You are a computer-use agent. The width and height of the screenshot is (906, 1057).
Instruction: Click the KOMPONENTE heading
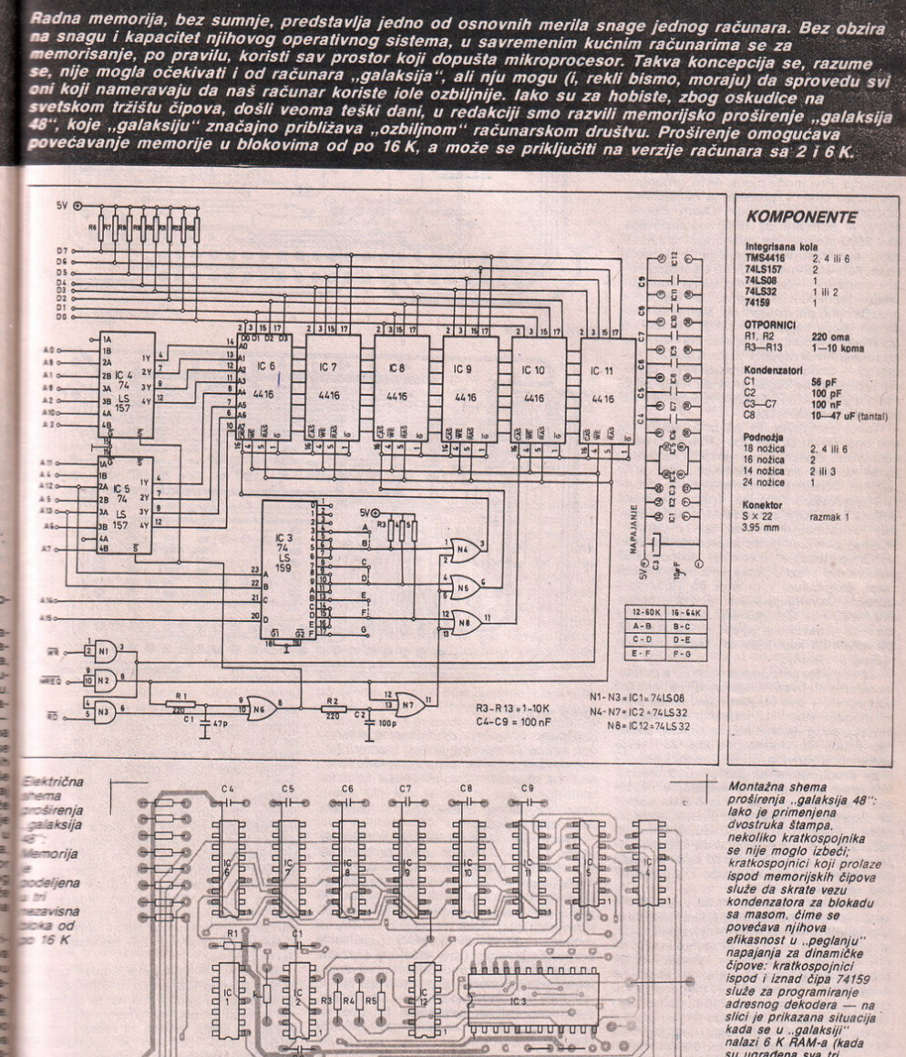801,218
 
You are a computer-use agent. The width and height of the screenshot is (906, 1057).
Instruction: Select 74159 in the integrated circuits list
758,300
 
